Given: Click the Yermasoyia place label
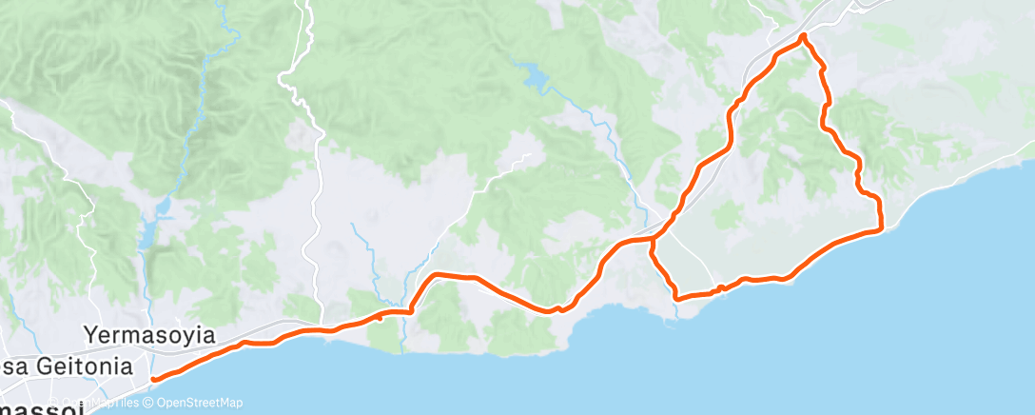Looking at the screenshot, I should coord(149,335).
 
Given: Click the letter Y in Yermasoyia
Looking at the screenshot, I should coord(90,335).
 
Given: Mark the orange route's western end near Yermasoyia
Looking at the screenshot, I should coord(152,380).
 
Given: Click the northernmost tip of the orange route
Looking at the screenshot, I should coord(804,36).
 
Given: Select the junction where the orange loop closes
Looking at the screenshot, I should coord(653,238).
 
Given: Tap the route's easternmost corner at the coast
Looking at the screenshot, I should coord(881,227).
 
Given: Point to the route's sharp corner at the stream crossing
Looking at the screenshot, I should coord(411,309).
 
